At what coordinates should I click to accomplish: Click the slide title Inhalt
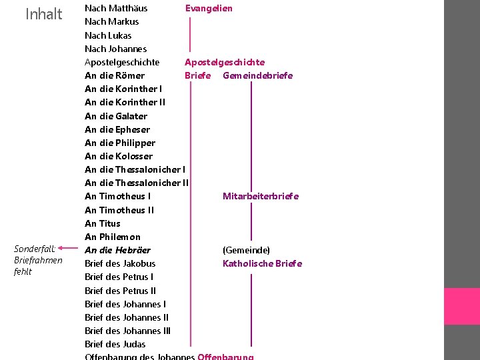[x=43, y=14]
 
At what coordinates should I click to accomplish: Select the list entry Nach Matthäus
[x=116, y=8]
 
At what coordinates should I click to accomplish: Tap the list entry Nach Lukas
[x=108, y=35]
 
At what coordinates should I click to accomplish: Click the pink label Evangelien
[x=209, y=8]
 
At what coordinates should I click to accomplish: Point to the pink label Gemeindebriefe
[x=257, y=75]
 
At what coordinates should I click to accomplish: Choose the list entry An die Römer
[x=115, y=75]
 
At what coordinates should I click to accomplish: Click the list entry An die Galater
[x=116, y=116]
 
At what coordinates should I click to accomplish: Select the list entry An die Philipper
[x=120, y=143]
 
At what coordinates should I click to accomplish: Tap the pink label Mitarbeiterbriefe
[x=261, y=196]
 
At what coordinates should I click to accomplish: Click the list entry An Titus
[x=103, y=223]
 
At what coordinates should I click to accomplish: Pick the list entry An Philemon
[x=113, y=237]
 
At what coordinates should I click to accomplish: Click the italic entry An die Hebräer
[x=117, y=250]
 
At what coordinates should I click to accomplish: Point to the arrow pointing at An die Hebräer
[x=73, y=250]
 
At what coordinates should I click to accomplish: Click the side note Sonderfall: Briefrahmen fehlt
[x=38, y=260]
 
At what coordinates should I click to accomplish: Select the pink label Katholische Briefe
[x=262, y=263]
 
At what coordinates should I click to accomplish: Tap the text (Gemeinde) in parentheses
[x=246, y=250]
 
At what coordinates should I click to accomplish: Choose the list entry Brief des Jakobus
[x=120, y=263]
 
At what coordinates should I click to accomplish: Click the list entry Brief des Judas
[x=115, y=344]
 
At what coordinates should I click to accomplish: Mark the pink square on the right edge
[x=461, y=306]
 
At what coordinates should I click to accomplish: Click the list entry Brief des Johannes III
[x=127, y=331]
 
